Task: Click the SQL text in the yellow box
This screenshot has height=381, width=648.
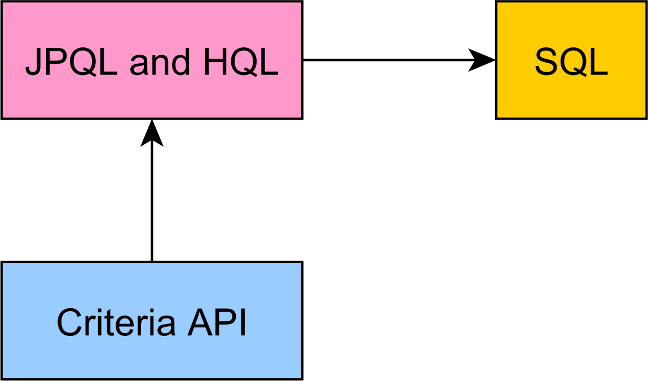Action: (x=571, y=63)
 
